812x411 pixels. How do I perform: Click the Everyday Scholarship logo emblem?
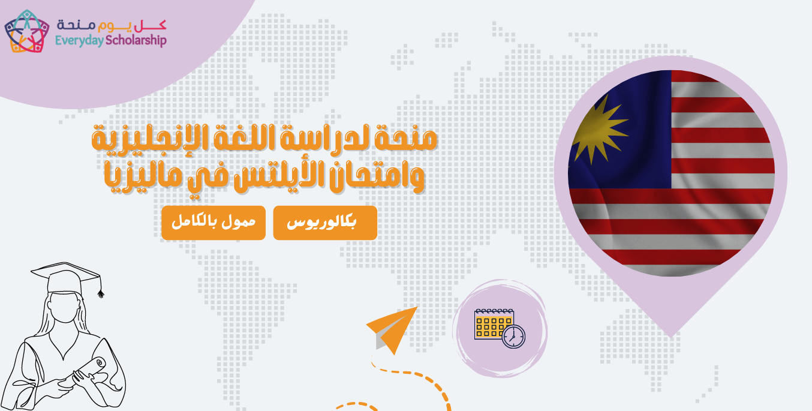tap(27, 32)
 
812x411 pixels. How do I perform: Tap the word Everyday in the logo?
tap(77, 41)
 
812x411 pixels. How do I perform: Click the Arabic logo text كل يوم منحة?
tap(111, 25)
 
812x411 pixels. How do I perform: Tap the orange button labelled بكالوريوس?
tap(325, 223)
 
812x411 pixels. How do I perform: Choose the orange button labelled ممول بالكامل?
tap(213, 223)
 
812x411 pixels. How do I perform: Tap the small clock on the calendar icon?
tap(513, 336)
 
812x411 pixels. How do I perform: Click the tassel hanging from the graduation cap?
tap(100, 291)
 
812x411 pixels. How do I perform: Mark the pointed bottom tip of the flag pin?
tap(672, 335)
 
